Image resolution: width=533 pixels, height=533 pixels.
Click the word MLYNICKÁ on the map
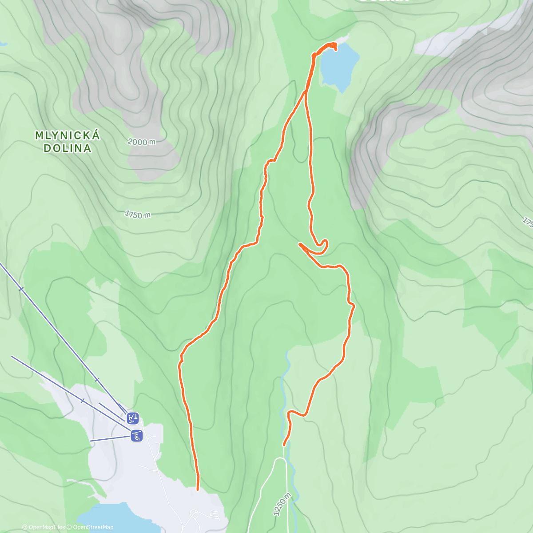coord(68,135)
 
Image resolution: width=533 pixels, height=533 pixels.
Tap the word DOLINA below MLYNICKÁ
coord(68,148)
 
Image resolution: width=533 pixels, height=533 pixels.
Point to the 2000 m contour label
coord(142,142)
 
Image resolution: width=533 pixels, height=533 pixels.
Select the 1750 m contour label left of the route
coord(137,215)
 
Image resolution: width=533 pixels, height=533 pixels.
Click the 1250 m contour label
coord(282,504)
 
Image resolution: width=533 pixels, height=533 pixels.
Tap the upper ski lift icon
coord(132,418)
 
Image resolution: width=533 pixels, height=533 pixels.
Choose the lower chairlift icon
coord(136,436)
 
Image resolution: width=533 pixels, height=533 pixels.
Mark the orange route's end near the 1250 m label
coord(284,445)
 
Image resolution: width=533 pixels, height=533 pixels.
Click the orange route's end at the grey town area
coord(198,489)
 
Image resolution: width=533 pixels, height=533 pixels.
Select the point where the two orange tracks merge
coord(306,92)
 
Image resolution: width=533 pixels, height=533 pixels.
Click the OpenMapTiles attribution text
coord(46,527)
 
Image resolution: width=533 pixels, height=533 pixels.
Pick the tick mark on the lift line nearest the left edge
coord(21,289)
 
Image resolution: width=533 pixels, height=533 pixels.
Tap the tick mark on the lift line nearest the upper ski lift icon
coord(97,379)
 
